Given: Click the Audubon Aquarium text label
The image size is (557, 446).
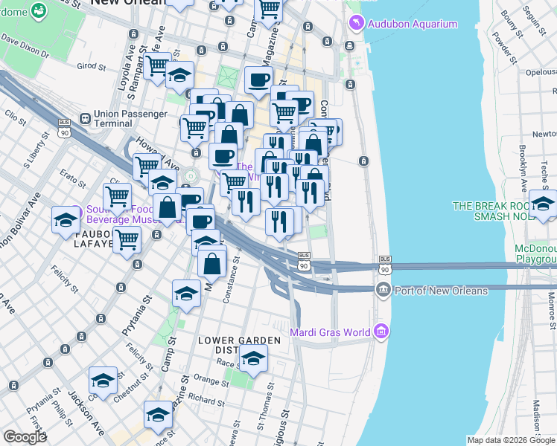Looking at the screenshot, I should click(x=414, y=25).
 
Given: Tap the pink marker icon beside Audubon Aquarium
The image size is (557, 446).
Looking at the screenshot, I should click(x=357, y=25).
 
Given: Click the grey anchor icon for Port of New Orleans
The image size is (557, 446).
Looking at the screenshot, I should click(x=383, y=291).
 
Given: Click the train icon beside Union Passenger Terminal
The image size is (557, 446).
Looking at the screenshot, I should click(x=86, y=117).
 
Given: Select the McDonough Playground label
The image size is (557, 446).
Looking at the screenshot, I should click(x=535, y=253).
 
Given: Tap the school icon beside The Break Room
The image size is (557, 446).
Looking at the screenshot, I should click(x=543, y=203).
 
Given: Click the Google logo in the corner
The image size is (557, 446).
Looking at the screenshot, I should click(x=24, y=437).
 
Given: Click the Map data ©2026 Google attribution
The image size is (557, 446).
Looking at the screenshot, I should click(x=510, y=440).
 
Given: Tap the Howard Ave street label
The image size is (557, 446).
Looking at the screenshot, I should click(x=158, y=158).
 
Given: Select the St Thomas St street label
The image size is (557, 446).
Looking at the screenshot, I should click(x=265, y=416).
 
